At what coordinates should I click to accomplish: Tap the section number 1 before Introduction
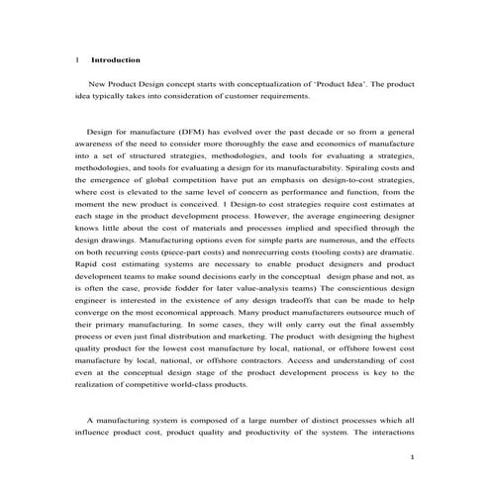(78, 60)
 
